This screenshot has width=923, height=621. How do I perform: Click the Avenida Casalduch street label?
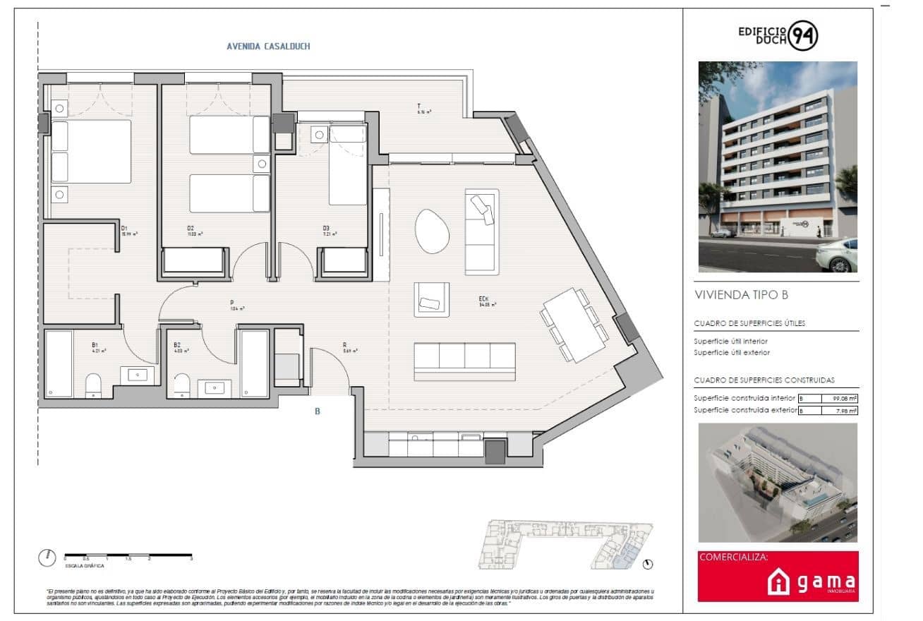tap(268, 47)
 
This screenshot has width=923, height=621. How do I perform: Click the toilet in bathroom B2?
tap(182, 384)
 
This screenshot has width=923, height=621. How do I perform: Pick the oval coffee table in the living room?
tap(432, 231)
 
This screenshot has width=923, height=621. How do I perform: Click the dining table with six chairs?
tap(575, 325)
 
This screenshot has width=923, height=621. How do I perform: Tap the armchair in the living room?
tap(431, 299)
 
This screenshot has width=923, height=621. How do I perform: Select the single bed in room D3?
tap(347, 165)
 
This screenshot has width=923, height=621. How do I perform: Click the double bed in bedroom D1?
tap(91, 152)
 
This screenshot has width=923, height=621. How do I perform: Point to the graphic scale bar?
tap(127, 557)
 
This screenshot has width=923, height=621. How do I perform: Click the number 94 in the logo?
tap(803, 35)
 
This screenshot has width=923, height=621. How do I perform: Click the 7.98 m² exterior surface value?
tap(845, 411)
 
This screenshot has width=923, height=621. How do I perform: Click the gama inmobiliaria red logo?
tap(778, 577)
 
